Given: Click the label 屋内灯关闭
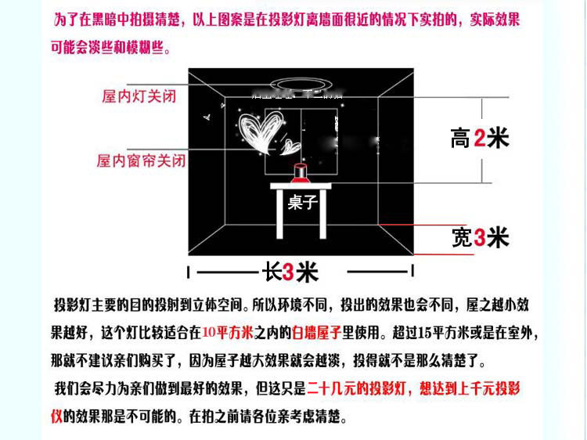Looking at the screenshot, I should (x=141, y=97).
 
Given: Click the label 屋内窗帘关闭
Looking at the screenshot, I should (x=141, y=160).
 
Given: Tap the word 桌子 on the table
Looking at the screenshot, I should (x=301, y=203).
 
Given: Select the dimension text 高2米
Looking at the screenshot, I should (x=480, y=139).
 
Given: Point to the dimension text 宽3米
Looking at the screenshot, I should (x=480, y=237).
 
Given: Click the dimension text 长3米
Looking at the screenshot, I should (x=290, y=272).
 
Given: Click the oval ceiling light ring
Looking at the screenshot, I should (x=301, y=84).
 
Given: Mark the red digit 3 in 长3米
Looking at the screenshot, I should (x=290, y=272).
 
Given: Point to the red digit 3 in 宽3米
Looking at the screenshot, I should (x=479, y=237).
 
